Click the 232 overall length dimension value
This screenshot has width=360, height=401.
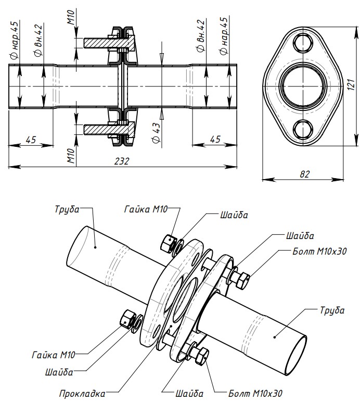coord(122,161)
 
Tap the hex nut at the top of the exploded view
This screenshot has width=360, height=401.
coord(168,242)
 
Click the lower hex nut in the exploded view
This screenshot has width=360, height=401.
coord(127,318)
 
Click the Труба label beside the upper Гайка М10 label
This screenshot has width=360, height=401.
coord(67,209)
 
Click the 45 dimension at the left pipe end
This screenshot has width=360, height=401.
coord(31,139)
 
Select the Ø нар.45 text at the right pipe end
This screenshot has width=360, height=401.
coord(224,37)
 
